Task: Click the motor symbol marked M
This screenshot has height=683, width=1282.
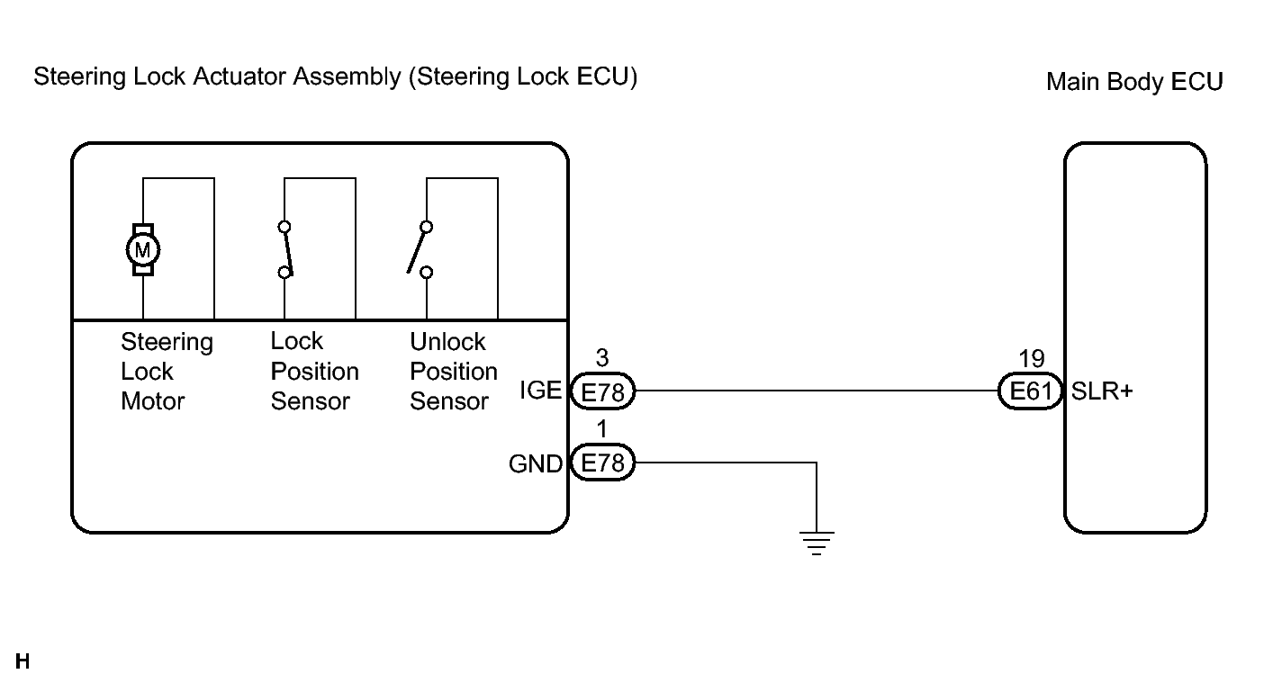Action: [x=143, y=250]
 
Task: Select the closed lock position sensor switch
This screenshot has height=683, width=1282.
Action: [x=285, y=250]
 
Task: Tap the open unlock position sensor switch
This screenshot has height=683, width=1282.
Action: [x=420, y=250]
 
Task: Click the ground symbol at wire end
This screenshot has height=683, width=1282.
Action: [x=817, y=543]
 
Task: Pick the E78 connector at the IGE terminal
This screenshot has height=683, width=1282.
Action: [x=602, y=391]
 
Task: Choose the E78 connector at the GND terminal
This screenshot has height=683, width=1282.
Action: [x=602, y=463]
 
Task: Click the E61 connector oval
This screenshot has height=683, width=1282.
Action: [x=1031, y=391]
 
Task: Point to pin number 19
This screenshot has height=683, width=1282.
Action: [x=1032, y=359]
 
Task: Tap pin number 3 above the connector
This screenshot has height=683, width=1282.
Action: [x=602, y=358]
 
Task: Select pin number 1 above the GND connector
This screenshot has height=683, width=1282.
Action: [x=601, y=429]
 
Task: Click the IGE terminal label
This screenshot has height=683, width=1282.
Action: [x=540, y=391]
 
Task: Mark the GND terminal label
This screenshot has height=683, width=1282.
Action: [x=536, y=464]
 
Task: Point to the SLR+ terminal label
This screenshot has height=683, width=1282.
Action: [x=1102, y=391]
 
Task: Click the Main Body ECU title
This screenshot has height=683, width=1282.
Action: [x=1134, y=82]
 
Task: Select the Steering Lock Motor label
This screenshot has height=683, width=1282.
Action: [x=167, y=372]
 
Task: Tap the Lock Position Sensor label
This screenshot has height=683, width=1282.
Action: [x=314, y=372]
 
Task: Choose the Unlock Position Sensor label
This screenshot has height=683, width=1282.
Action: [x=453, y=372]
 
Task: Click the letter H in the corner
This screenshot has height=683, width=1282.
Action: [x=23, y=661]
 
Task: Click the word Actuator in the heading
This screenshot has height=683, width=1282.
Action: [x=239, y=76]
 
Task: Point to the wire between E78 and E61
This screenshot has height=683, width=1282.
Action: [x=817, y=391]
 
